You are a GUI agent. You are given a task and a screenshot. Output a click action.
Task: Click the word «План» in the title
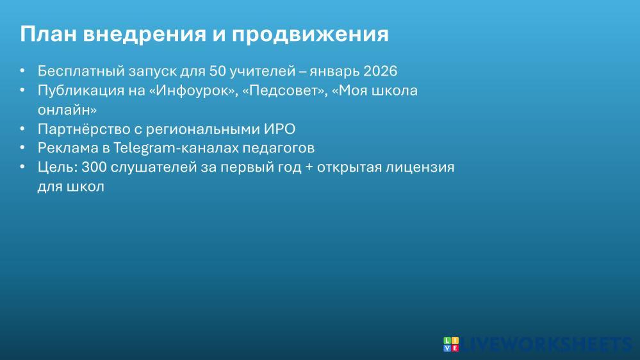pos(49,33)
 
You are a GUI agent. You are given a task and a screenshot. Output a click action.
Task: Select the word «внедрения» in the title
pos(145,35)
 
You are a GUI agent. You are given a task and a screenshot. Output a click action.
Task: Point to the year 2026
pos(380,71)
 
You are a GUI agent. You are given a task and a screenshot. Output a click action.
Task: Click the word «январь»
pos(334,72)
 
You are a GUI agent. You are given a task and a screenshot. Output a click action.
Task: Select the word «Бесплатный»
pos(81,71)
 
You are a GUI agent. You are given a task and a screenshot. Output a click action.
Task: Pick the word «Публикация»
pos(81,90)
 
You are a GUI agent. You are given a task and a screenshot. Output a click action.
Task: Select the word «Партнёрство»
pos(84,129)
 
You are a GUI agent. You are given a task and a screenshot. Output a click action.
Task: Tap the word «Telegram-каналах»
pos(176,148)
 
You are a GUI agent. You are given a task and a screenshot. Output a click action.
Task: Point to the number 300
pos(94,167)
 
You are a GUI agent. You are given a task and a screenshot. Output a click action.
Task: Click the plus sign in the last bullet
pos(309,168)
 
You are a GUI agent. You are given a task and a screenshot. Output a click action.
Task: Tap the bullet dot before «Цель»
pos(22,167)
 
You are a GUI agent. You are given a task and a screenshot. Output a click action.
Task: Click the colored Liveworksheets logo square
pos(451,344)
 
